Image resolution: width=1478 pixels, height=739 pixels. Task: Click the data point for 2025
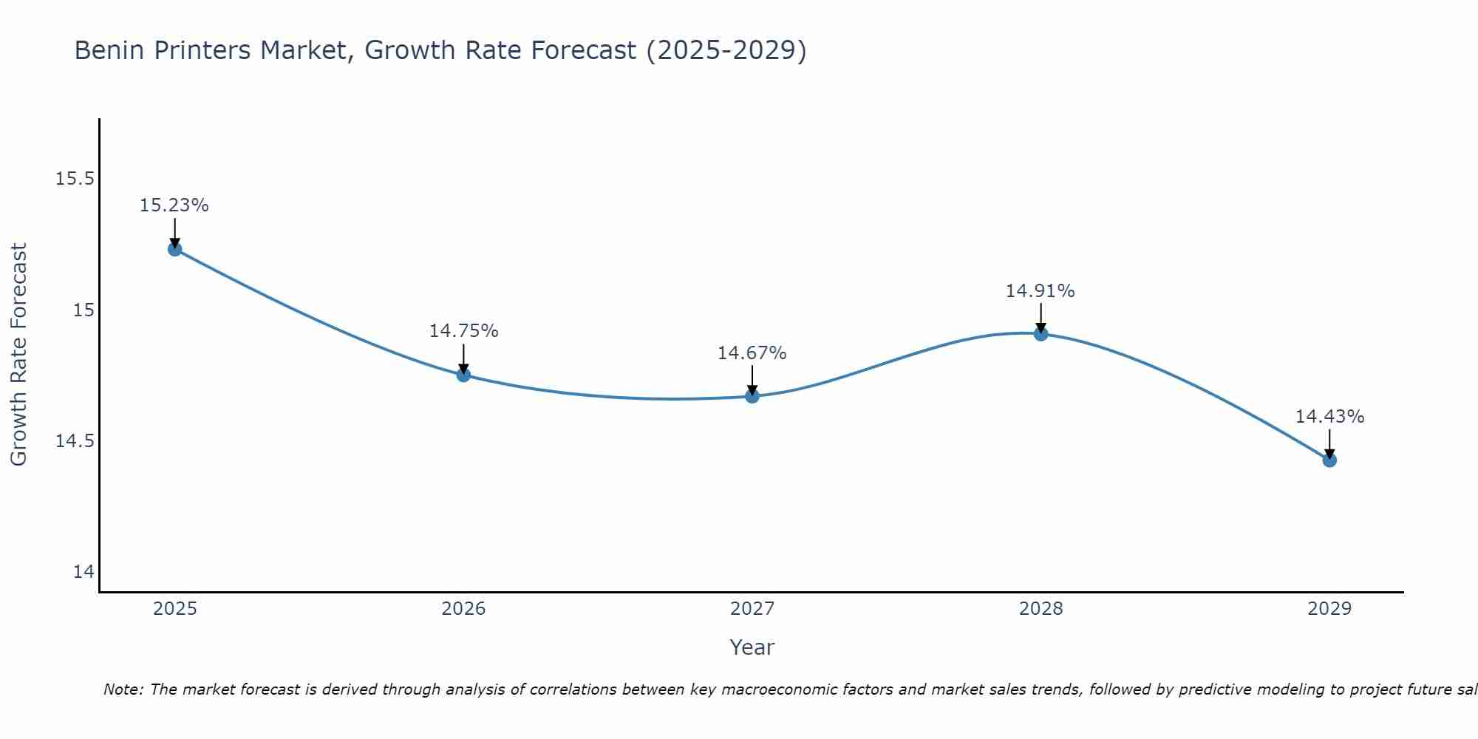coord(174,249)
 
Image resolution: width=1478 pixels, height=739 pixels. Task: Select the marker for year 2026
coord(463,375)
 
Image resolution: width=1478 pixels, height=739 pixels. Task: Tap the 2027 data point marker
coord(752,396)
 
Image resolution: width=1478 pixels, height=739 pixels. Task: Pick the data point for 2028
coord(1041,333)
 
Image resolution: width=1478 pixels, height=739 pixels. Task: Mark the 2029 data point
coord(1329,460)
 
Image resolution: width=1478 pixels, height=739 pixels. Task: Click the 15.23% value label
coord(174,205)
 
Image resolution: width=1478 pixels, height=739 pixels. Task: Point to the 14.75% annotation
coord(463,331)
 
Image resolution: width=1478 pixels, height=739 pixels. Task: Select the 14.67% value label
coord(752,353)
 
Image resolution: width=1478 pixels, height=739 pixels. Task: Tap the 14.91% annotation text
coord(1041,291)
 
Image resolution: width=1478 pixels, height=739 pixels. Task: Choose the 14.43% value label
coord(1329,417)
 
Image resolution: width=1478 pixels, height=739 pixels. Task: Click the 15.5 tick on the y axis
coord(75,179)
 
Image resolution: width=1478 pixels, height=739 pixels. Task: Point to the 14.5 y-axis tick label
coord(75,441)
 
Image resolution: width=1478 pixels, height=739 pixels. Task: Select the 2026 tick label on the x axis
coord(463,609)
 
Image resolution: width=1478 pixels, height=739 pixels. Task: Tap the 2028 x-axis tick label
coord(1041,609)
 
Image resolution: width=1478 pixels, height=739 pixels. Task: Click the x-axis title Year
coord(752,647)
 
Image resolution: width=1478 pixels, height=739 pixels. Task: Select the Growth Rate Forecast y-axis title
coord(19,355)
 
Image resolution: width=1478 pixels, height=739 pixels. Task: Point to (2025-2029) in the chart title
coord(726,50)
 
